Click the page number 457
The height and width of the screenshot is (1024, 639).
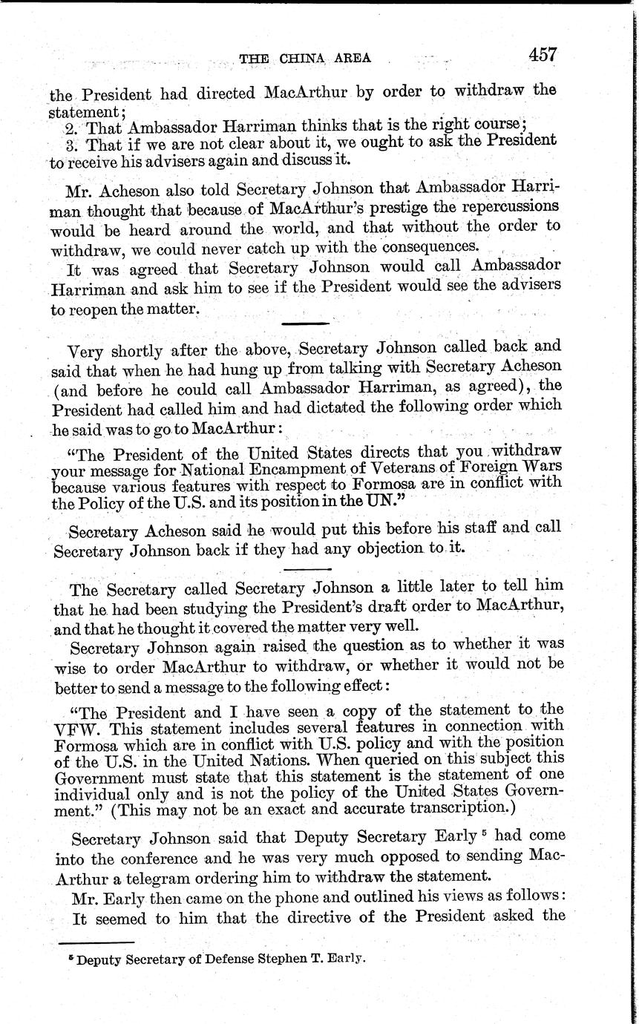click(543, 56)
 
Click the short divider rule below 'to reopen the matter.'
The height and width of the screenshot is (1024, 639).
click(305, 323)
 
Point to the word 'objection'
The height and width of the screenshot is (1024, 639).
click(392, 549)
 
